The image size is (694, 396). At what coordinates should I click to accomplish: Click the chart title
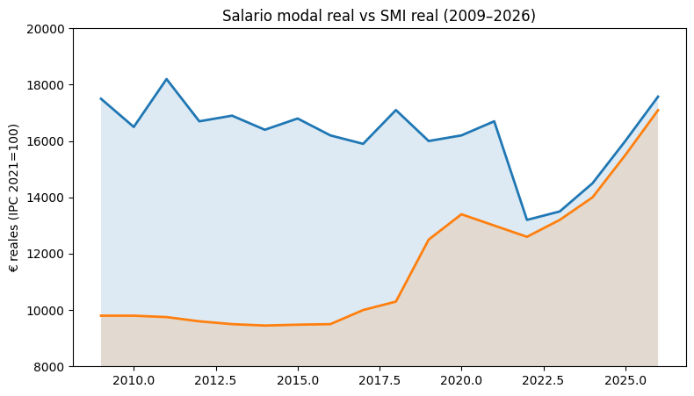click(x=379, y=16)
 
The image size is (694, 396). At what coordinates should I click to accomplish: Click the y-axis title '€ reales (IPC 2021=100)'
click(x=16, y=198)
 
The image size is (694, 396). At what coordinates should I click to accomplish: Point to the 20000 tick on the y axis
click(x=47, y=29)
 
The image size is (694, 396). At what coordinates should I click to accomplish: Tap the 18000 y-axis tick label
click(x=47, y=85)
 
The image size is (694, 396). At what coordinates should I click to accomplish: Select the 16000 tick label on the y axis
click(x=47, y=141)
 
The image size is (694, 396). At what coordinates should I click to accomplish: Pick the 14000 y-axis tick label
click(x=47, y=198)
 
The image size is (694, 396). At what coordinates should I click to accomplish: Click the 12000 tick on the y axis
click(x=47, y=254)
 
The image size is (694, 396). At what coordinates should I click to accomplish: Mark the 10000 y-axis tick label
click(x=47, y=310)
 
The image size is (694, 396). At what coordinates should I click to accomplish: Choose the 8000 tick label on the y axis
click(x=51, y=366)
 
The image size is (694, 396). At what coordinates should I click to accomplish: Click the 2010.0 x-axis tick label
click(x=134, y=380)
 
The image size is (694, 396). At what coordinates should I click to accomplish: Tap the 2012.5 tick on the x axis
click(x=215, y=380)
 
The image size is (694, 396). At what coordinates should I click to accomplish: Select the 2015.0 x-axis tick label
click(x=297, y=380)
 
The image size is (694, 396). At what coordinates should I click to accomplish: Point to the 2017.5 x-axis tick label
click(x=380, y=380)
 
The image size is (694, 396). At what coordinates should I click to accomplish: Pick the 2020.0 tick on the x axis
click(x=461, y=380)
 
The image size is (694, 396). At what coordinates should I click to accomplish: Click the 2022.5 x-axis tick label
click(x=543, y=380)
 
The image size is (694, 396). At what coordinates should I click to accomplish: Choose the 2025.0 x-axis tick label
click(x=625, y=380)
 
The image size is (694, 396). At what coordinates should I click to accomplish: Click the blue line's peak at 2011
click(x=166, y=79)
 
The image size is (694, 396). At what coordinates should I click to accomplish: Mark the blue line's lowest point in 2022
click(x=527, y=220)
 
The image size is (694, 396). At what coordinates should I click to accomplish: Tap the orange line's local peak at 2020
click(x=461, y=214)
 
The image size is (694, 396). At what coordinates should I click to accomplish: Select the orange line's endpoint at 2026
click(x=658, y=110)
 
